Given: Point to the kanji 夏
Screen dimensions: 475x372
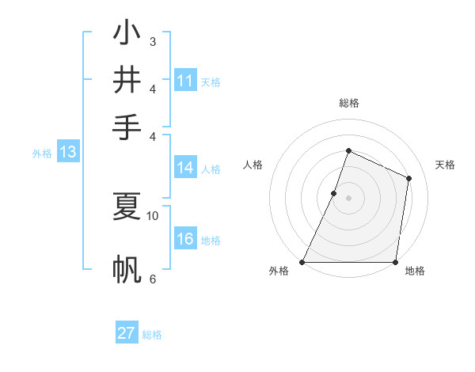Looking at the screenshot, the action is (x=127, y=206).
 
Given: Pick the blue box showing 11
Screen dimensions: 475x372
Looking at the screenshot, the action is (x=185, y=81).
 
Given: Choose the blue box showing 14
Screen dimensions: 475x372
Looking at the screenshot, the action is (x=185, y=168).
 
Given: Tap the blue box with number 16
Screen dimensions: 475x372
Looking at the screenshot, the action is (x=185, y=240).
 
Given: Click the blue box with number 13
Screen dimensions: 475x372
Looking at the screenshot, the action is (x=68, y=153).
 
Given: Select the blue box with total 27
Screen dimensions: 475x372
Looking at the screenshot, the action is (x=127, y=333).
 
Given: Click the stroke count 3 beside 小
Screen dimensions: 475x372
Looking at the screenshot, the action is (x=153, y=41).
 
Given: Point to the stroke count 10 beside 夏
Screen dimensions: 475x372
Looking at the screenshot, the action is (x=153, y=214).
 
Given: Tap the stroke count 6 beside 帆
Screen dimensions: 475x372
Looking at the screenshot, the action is (x=153, y=279).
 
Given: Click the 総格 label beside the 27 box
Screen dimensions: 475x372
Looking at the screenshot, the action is (x=152, y=335).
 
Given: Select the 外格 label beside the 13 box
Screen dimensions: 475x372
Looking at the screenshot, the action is (x=42, y=154).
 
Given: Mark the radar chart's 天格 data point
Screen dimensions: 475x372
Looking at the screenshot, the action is (x=409, y=178).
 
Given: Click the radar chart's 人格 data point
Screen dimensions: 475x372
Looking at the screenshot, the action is (x=334, y=193).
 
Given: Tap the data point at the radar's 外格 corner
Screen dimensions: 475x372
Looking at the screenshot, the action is (x=302, y=262).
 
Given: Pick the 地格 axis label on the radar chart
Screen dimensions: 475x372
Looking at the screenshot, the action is (x=415, y=271).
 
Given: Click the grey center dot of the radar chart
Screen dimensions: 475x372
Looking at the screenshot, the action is (x=348, y=198).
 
